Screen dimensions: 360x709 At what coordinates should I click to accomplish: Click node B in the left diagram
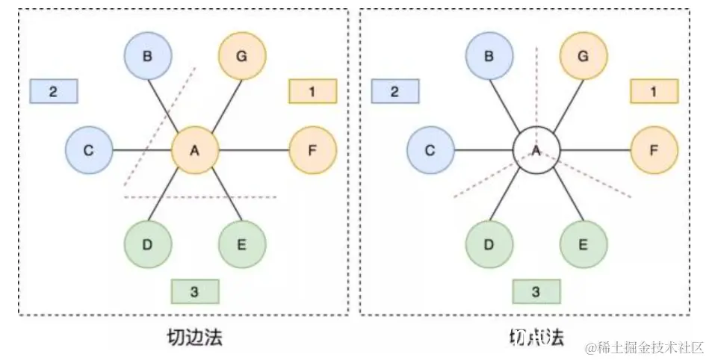tap(148, 56)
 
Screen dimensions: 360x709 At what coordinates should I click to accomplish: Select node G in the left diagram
tap(242, 56)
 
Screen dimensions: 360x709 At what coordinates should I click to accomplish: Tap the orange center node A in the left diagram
tap(194, 150)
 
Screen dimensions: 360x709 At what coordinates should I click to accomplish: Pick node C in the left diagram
tap(89, 150)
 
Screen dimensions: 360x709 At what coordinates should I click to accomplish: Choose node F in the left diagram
tap(312, 150)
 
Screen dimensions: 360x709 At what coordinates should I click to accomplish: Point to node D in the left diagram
tap(148, 244)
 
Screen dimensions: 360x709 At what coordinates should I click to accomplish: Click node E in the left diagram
tap(242, 244)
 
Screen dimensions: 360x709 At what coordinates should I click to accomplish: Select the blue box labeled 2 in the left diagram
tap(54, 92)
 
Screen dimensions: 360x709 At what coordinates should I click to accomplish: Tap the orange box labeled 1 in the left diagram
tap(312, 91)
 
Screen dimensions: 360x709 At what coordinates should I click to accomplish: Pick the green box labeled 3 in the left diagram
tap(194, 291)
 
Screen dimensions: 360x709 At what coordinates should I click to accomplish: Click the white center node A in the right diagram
tap(536, 150)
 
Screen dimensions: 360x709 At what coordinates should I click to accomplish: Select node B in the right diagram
tap(489, 56)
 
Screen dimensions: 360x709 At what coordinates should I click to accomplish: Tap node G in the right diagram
tap(583, 56)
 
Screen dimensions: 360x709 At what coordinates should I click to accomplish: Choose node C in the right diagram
tap(430, 150)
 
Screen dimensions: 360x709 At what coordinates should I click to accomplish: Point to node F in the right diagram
tap(654, 150)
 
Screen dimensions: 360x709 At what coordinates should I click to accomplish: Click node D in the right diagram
tap(489, 244)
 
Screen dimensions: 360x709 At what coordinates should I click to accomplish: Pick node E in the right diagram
tap(583, 244)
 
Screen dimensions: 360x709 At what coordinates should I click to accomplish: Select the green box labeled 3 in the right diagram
tap(536, 291)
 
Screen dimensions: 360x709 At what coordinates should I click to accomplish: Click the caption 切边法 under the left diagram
tap(195, 337)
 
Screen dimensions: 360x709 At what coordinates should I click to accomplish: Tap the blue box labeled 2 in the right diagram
tap(395, 92)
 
